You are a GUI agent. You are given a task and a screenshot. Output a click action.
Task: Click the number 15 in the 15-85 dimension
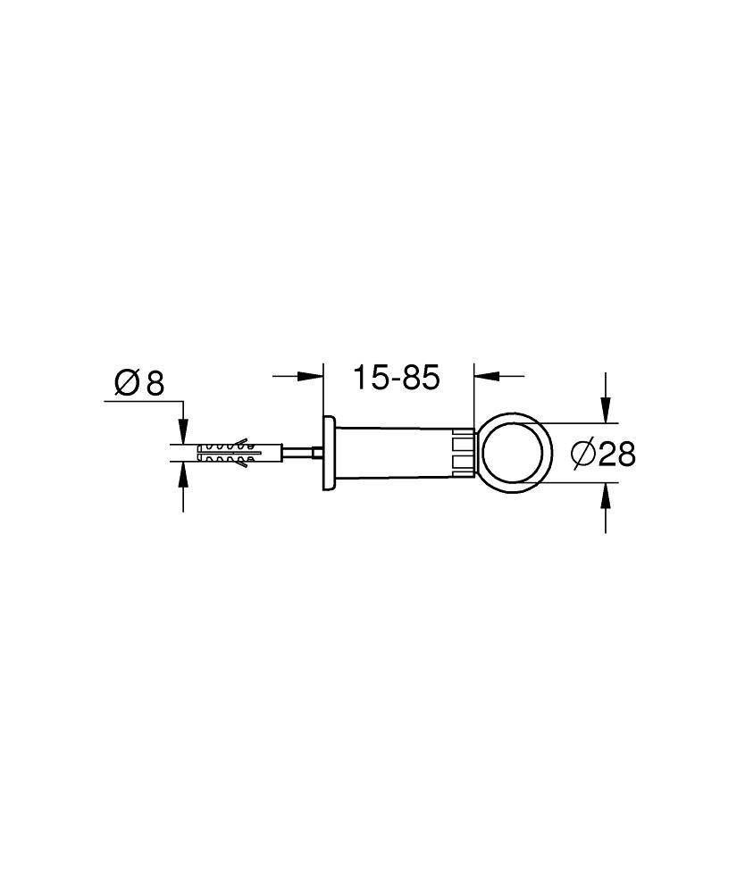click(368, 378)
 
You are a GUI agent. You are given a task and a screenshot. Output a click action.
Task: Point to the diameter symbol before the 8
click(127, 384)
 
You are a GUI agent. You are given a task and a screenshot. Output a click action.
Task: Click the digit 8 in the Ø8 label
click(155, 384)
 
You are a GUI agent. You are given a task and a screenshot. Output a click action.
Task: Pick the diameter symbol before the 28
click(582, 455)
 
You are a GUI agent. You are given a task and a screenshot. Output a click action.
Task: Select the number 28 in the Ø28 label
click(617, 455)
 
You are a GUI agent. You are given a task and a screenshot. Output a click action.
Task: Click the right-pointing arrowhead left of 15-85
click(313, 376)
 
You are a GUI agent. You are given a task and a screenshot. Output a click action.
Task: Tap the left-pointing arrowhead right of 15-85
click(482, 376)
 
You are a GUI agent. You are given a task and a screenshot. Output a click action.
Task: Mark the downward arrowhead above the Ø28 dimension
click(606, 412)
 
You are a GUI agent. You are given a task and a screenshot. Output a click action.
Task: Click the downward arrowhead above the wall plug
click(183, 434)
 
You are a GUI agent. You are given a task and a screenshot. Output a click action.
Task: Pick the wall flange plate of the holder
click(329, 453)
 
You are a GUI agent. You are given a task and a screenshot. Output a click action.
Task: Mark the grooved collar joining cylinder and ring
click(463, 453)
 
